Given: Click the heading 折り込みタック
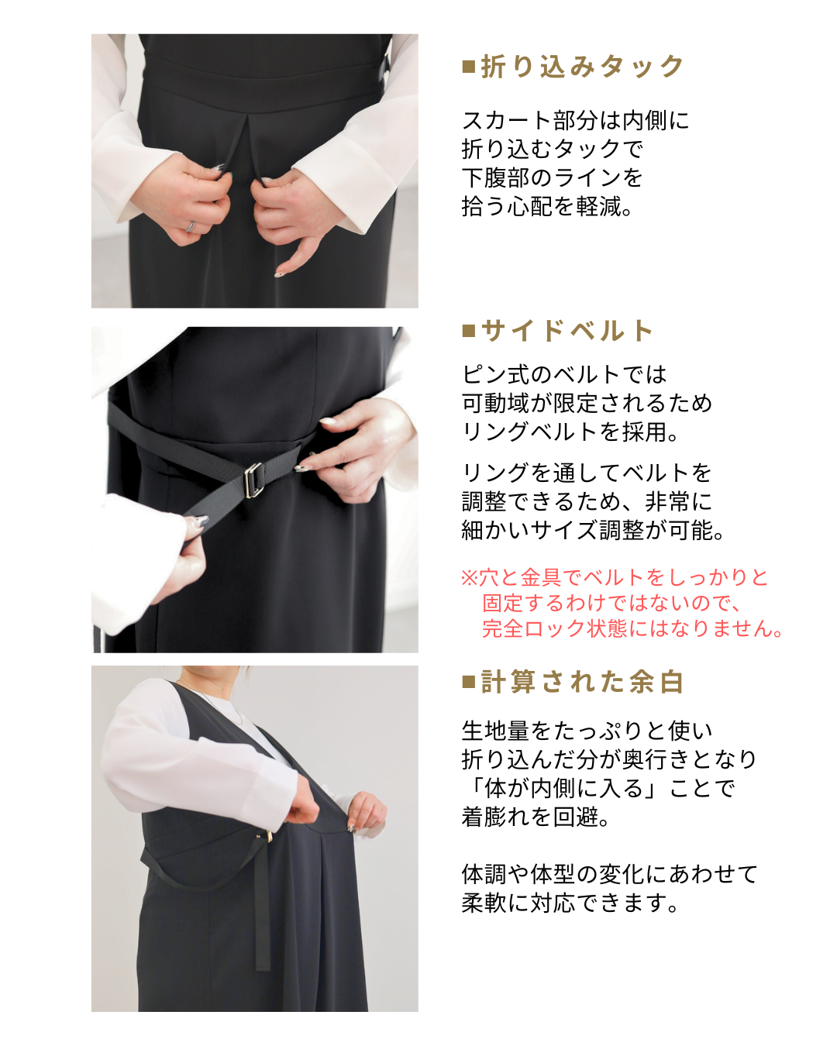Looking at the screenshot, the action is pos(582,67).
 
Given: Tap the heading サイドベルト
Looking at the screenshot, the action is pos(567,331).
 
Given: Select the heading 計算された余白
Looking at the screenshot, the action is pos(582,682).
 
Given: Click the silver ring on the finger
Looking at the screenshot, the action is pos(191,226).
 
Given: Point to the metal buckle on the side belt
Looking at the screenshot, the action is pos(253,480).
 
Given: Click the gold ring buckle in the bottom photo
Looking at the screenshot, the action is pos(269,836).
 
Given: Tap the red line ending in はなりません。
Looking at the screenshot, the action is pos(632,628).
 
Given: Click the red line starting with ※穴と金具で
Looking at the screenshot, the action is pos(615,577).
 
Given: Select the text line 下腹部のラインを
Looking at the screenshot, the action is pos(552,178).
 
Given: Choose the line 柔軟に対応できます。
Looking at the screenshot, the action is pos(570,903).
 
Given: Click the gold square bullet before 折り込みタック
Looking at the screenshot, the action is pos(468,67).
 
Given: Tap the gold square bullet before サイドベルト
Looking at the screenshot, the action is pos(468,332).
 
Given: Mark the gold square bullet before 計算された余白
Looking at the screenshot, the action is pos(468,682).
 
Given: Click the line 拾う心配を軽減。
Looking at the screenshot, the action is pos(546,207).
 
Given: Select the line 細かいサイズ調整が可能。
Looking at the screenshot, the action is pos(593,530).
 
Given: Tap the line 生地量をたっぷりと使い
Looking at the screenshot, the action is pos(587,731).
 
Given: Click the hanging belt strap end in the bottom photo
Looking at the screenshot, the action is pos(263,966).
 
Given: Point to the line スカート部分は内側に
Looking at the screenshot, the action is pos(575,121).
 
